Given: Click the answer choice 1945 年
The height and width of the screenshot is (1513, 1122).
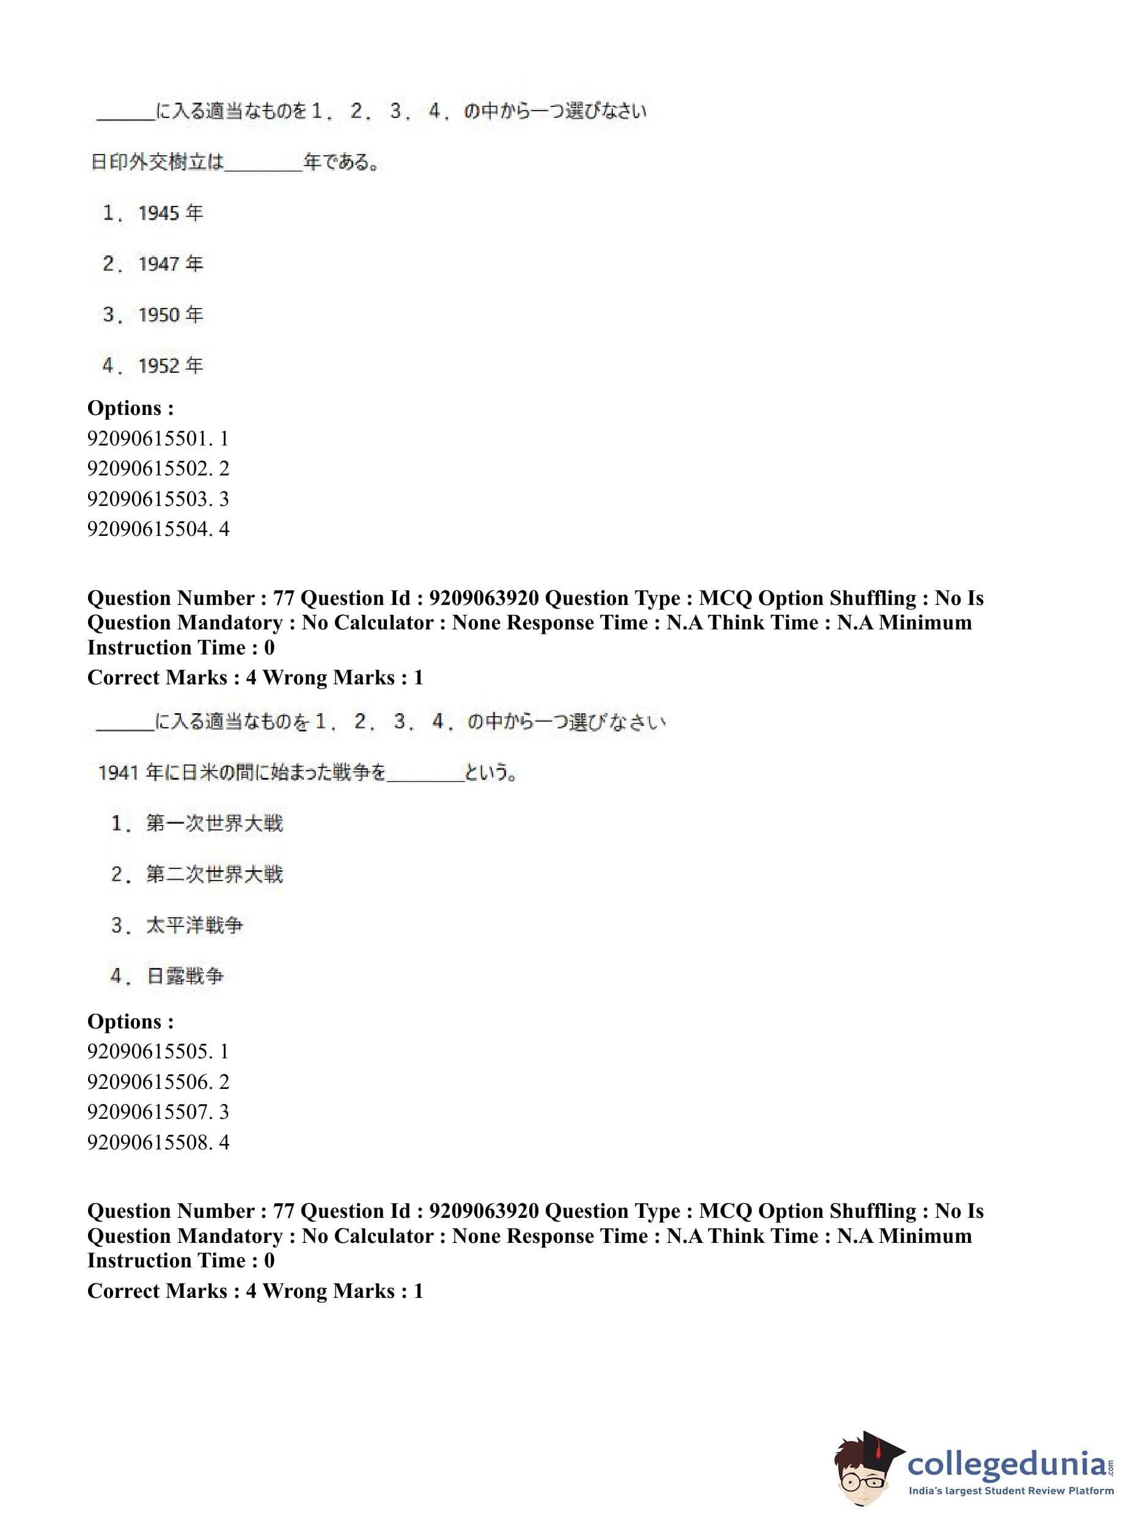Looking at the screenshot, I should (170, 213).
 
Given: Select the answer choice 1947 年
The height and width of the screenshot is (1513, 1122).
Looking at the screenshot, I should (170, 263).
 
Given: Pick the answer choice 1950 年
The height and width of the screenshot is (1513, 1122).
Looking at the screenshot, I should (170, 315).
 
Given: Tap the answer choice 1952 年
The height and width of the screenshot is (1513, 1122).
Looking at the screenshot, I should (170, 365).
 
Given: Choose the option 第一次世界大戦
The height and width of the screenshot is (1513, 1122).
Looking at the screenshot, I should (213, 823).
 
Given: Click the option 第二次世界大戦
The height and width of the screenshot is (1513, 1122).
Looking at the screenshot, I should (213, 874).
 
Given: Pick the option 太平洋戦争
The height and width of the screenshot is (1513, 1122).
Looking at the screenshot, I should (194, 925).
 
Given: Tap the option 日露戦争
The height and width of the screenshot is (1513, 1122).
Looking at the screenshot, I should (185, 976).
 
